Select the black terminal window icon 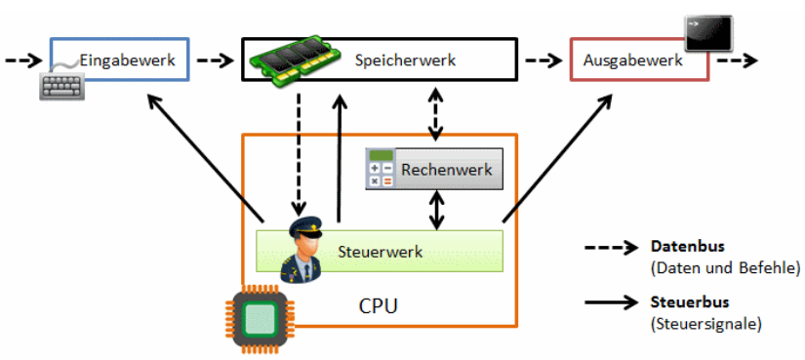click(708, 33)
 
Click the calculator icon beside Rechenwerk click(381, 168)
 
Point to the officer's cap click(305, 226)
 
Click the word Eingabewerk click(127, 60)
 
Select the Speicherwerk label click(405, 60)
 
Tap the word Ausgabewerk click(632, 60)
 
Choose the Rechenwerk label click(447, 170)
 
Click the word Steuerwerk click(380, 252)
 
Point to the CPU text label click(378, 306)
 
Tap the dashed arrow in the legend click(611, 248)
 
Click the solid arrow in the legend click(611, 303)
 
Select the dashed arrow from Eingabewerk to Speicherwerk click(216, 61)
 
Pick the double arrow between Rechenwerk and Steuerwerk click(436, 210)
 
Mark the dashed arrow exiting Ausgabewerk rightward click(738, 61)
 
